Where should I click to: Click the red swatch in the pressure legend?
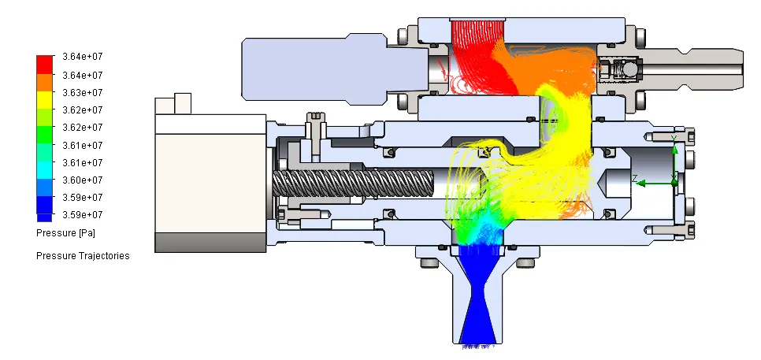click(x=44, y=65)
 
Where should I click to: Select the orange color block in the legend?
click(x=44, y=83)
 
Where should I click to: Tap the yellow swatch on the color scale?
click(x=44, y=100)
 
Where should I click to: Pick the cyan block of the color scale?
click(x=44, y=170)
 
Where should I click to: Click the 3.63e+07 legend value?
click(x=83, y=93)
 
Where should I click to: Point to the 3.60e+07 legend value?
click(x=83, y=180)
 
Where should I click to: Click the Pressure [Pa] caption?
click(x=65, y=233)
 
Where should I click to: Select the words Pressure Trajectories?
click(x=83, y=256)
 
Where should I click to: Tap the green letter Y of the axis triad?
click(x=674, y=139)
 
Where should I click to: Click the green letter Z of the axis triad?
click(x=634, y=179)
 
